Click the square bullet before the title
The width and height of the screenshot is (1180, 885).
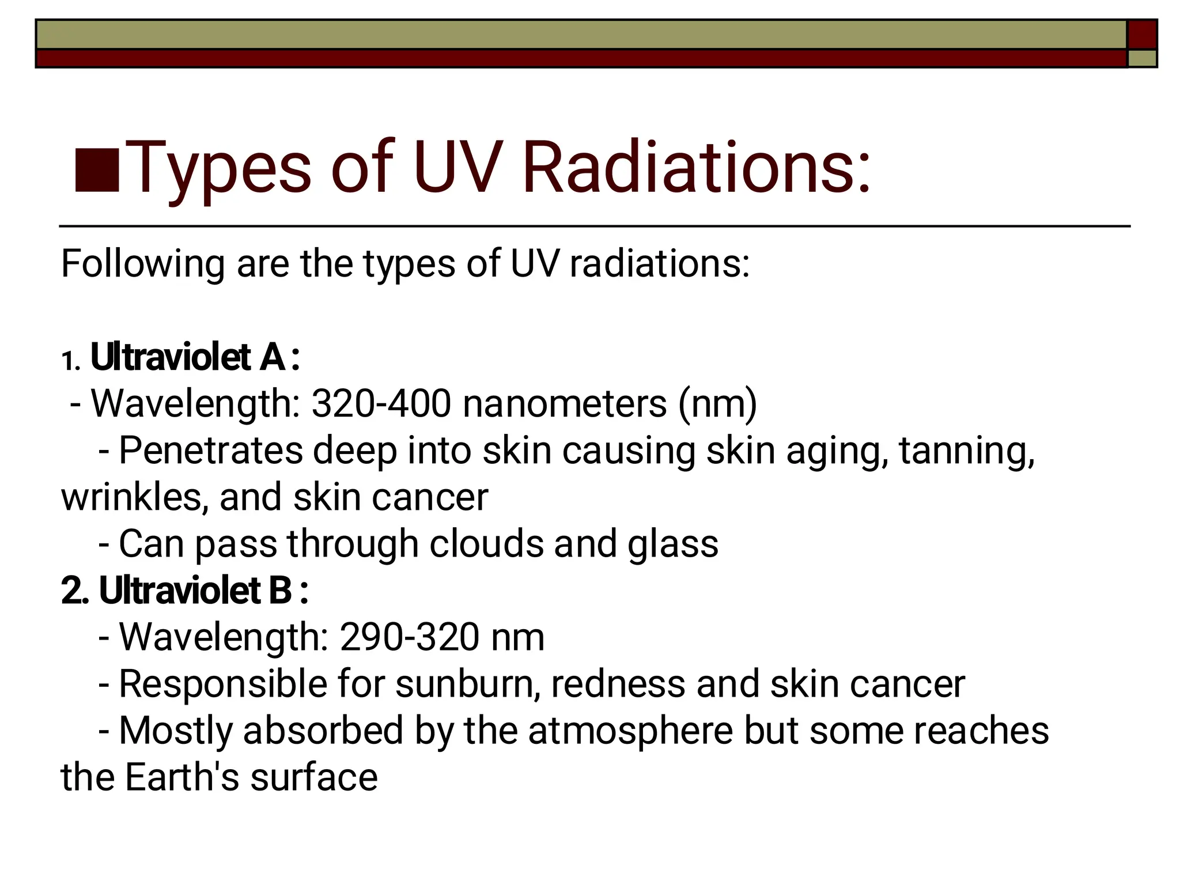point(97,171)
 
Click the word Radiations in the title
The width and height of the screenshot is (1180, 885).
point(696,168)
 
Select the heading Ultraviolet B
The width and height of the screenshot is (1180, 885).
point(195,591)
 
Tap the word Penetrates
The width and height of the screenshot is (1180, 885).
point(210,450)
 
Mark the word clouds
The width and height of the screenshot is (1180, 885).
point(486,543)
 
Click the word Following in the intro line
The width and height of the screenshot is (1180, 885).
point(142,264)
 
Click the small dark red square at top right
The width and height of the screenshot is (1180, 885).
point(1142,35)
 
